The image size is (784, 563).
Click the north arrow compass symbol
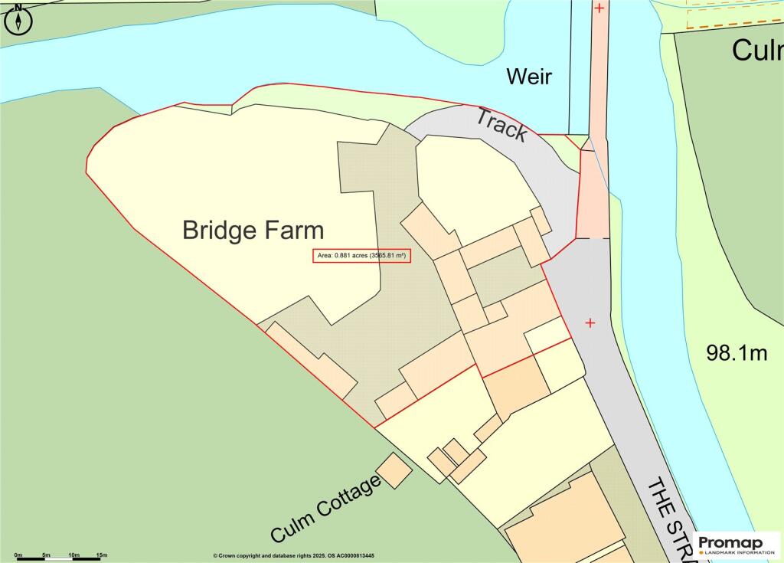(18, 21)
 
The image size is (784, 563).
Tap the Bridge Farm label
(253, 230)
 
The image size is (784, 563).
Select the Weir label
(528, 77)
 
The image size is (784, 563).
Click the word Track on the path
(502, 125)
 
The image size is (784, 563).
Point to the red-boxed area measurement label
(362, 256)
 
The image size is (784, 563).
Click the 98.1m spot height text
(736, 353)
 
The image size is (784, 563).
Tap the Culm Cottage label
(325, 509)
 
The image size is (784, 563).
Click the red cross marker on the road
(590, 323)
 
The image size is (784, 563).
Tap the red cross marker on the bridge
(599, 8)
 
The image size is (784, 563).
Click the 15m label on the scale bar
(101, 554)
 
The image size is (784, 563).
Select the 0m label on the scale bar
(18, 554)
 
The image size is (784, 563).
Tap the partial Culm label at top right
(756, 51)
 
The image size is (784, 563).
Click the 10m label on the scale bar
(74, 554)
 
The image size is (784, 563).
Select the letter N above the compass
(18, 6)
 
